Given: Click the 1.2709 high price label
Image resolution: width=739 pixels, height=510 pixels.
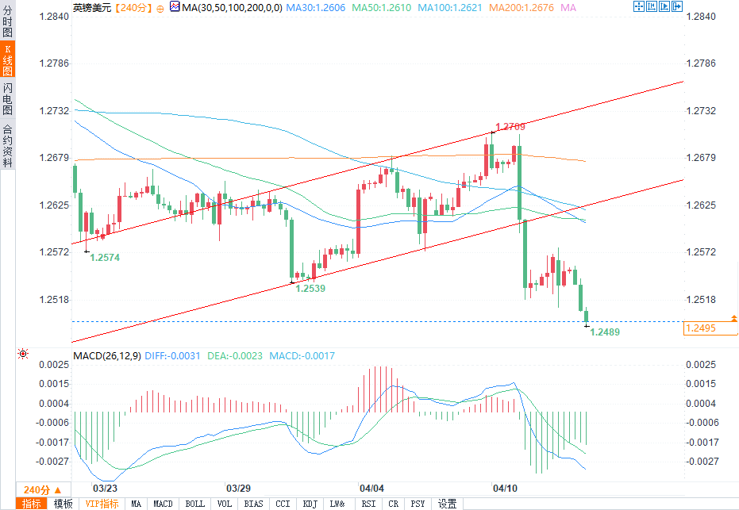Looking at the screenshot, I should click(x=510, y=127).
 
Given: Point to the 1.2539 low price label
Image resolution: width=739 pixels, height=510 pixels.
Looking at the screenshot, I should click(x=310, y=289).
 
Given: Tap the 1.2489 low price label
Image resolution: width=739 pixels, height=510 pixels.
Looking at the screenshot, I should click(x=605, y=332).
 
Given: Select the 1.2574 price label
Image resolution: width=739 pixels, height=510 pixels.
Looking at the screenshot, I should click(x=105, y=258).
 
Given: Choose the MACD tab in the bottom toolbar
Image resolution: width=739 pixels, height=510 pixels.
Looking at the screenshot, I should click(x=163, y=504).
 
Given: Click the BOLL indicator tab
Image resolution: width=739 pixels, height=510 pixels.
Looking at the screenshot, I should click(x=194, y=504).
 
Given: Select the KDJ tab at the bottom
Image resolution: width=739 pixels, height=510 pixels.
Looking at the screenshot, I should click(x=310, y=504).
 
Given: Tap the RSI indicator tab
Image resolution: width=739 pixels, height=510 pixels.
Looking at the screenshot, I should click(x=368, y=504).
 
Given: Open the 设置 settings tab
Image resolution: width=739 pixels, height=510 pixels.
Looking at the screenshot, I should click(x=447, y=504).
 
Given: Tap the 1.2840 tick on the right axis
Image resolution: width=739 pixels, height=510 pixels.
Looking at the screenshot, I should click(x=701, y=17).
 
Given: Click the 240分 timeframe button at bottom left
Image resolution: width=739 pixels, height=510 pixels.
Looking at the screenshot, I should click(x=37, y=489).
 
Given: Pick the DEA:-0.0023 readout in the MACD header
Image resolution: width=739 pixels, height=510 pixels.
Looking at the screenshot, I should click(x=235, y=356).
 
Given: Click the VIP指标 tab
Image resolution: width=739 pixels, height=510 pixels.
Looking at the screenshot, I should click(x=102, y=504).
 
